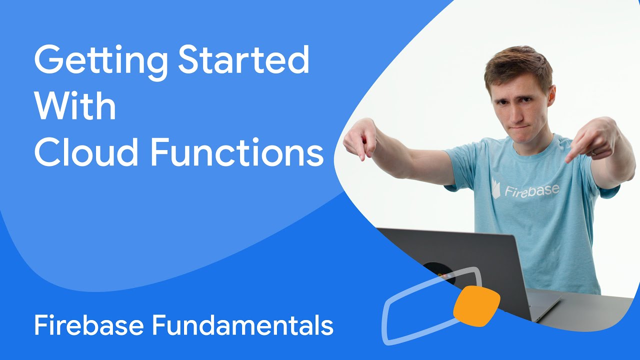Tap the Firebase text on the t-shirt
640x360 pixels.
[531, 190]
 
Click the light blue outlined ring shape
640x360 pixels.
[400, 320]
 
